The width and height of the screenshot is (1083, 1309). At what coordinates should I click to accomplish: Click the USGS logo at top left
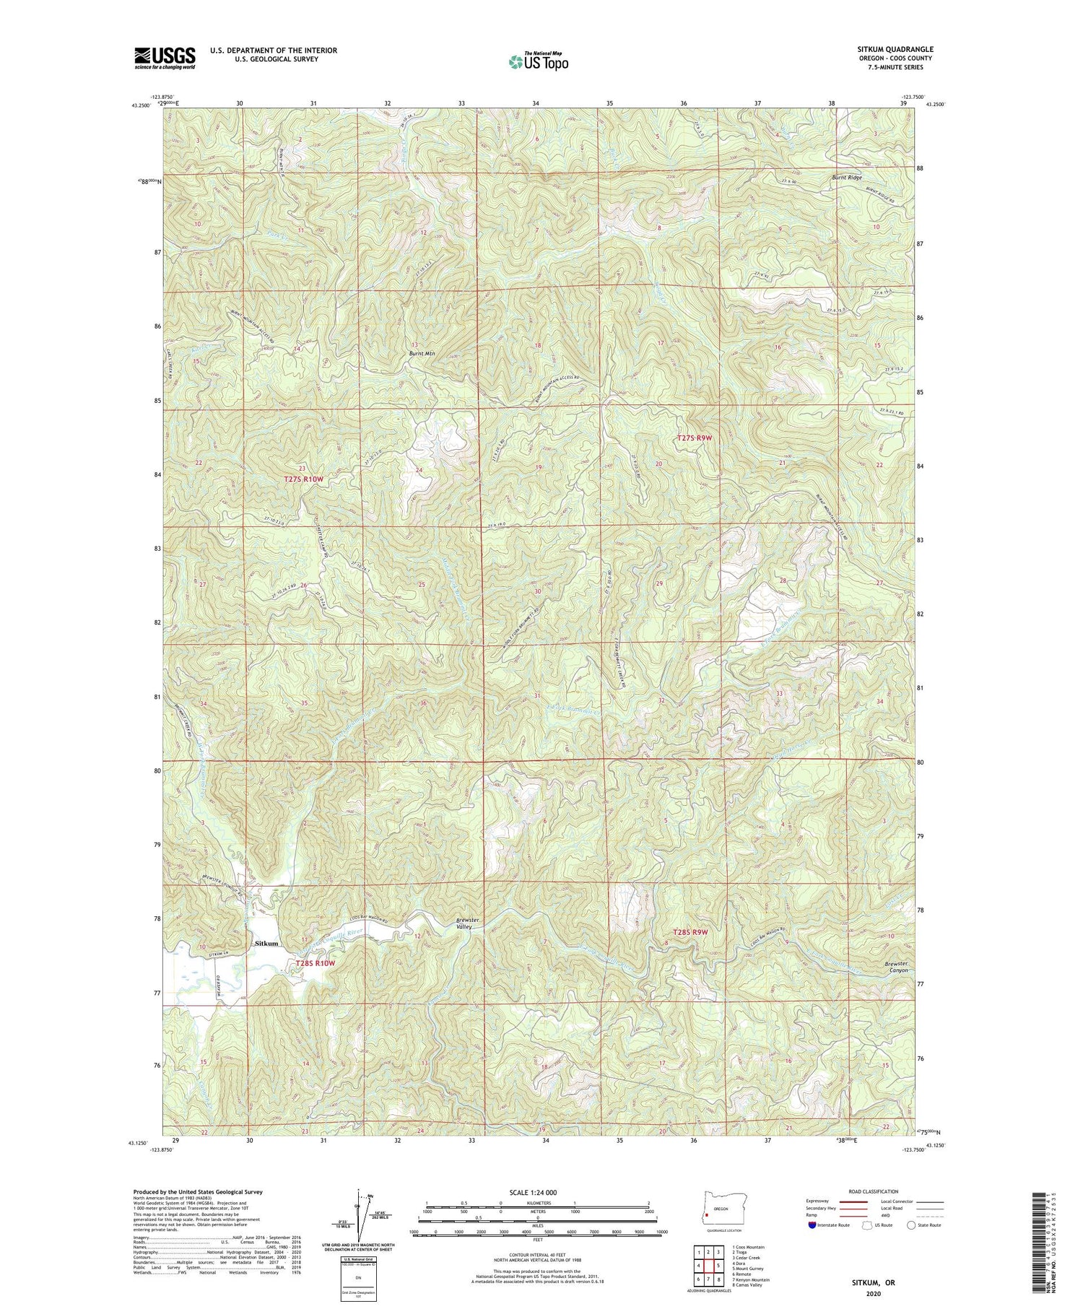point(165,57)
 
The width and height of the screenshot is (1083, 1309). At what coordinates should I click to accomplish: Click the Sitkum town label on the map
point(266,944)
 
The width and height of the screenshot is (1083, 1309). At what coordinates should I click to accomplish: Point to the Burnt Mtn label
point(422,354)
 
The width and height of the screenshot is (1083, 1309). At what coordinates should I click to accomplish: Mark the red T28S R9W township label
point(692,932)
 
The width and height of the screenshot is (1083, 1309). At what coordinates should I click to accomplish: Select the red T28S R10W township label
point(316,963)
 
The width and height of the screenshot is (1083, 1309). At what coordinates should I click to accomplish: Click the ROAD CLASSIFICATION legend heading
point(874,1191)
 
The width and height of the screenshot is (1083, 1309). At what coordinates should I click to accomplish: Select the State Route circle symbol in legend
point(911,1225)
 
